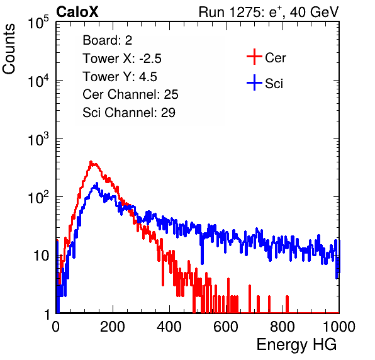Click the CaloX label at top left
coord(77,12)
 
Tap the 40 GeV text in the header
coord(314,12)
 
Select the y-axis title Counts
coord(9,49)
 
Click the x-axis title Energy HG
coord(296,344)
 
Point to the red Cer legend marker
coord(254,57)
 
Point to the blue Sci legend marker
coord(254,82)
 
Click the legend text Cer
coord(276,58)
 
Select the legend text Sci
coord(274,84)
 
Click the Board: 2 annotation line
coord(108,40)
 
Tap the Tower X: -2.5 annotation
coord(122,59)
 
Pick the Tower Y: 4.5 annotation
coord(120,77)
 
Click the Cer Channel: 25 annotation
coord(130,94)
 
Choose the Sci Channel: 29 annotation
coord(129,113)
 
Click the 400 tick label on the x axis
coord(169,327)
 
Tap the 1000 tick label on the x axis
coord(339,327)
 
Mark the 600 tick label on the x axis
coord(226,327)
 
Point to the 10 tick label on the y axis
coord(41,256)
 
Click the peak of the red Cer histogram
coord(91,162)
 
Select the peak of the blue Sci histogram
coord(97,183)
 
